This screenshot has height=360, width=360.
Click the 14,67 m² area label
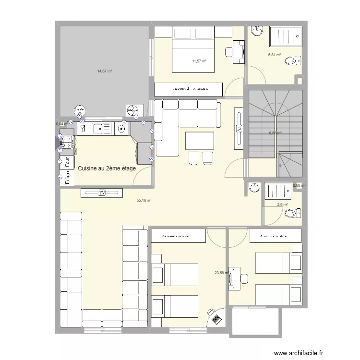[104, 71]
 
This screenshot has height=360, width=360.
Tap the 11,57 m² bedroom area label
[199, 61]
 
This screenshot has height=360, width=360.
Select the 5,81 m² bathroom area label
[274, 55]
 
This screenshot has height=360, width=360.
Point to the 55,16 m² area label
[144, 201]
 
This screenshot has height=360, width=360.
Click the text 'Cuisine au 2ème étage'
[107, 168]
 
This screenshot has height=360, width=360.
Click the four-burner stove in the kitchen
[67, 142]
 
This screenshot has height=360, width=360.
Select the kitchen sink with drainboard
[101, 128]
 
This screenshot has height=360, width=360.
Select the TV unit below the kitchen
[101, 193]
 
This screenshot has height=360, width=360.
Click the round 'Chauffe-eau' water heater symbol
[80, 111]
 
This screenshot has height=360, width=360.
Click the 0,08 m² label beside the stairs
[300, 185]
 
